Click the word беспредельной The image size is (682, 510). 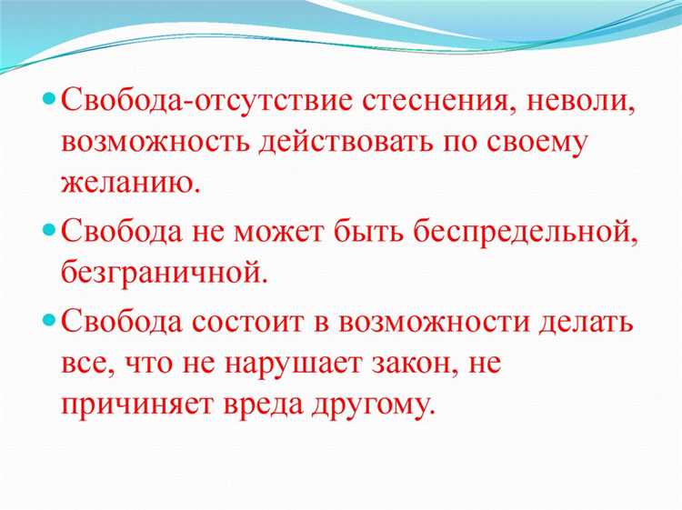[515, 231]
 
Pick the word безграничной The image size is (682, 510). [165, 271]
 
